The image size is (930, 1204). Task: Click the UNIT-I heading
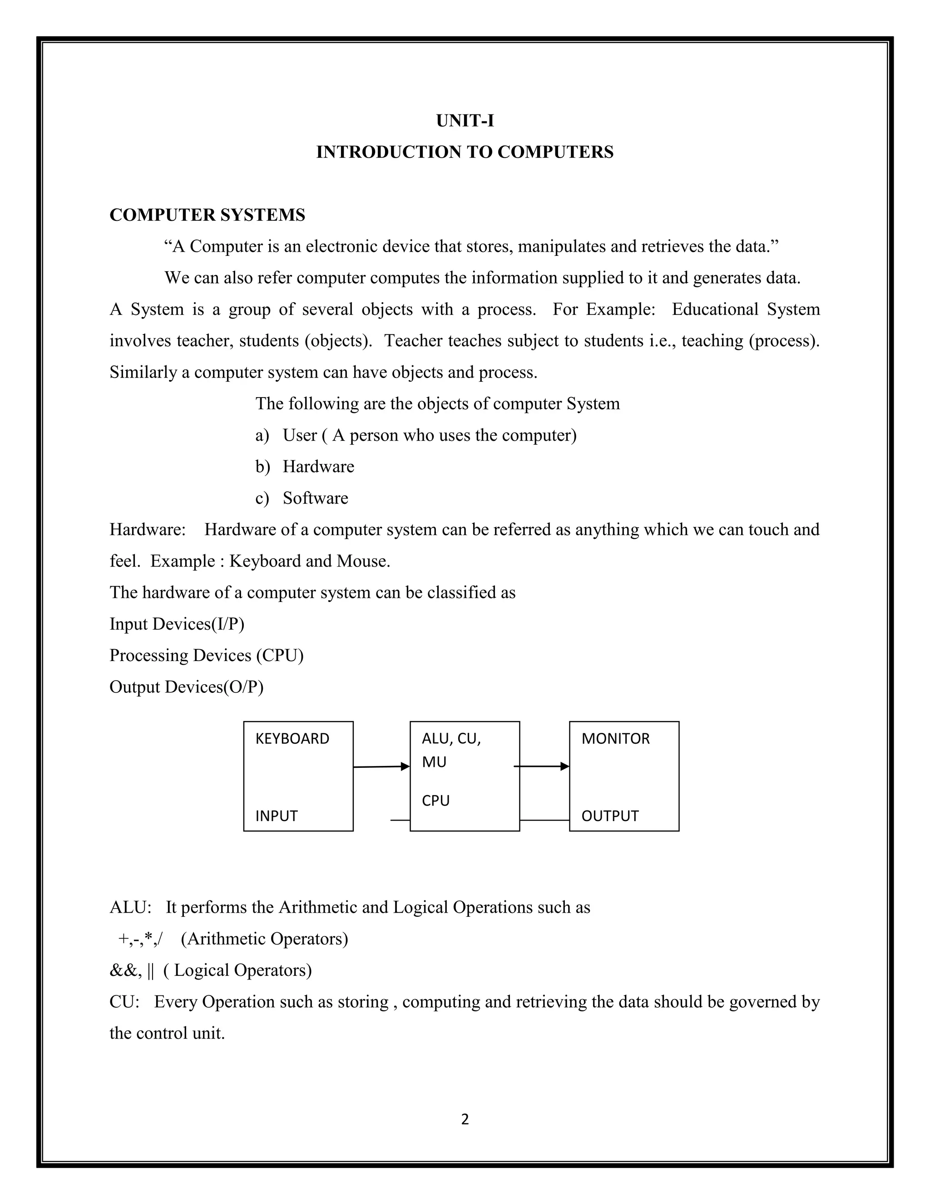point(465,121)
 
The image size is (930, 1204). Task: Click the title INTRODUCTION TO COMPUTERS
point(465,152)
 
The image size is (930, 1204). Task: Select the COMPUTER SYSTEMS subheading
point(207,215)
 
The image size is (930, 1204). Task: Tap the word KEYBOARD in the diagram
point(292,739)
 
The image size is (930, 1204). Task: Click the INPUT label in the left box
point(276,816)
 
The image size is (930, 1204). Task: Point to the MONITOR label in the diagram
point(615,739)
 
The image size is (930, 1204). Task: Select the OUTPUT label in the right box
point(610,816)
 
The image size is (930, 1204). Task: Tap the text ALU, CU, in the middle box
point(451,739)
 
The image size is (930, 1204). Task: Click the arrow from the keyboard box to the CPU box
point(381,767)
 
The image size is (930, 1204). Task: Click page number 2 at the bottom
point(465,1119)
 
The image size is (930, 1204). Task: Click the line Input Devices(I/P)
point(177,624)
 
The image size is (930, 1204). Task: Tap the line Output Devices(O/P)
point(186,687)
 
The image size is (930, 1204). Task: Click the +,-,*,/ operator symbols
point(140,939)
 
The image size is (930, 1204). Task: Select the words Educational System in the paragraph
point(746,309)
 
